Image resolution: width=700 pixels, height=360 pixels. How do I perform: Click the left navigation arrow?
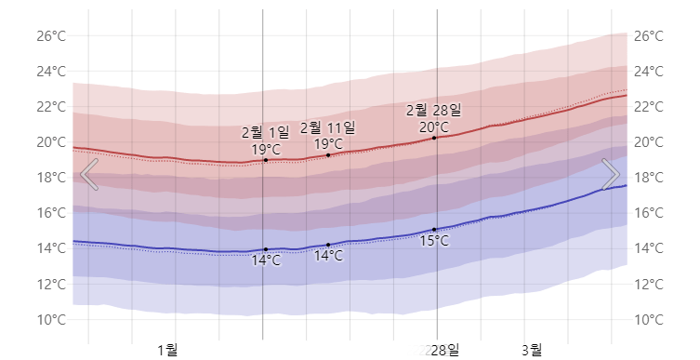(x=89, y=174)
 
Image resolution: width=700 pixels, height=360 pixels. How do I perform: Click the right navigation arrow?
(x=611, y=174)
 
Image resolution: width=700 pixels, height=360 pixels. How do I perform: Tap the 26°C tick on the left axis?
(x=50, y=36)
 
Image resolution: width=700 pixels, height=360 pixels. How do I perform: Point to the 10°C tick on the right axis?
(x=648, y=320)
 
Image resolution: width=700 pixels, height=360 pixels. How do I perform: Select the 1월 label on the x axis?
(x=167, y=350)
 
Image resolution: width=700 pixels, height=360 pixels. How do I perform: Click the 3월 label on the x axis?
(x=532, y=350)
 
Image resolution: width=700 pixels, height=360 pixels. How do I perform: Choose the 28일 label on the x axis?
(x=444, y=350)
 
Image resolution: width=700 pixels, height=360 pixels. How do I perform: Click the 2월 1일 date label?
(x=265, y=132)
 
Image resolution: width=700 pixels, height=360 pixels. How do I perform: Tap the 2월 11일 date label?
(x=327, y=127)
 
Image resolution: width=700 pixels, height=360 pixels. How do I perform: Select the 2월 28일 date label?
(x=433, y=111)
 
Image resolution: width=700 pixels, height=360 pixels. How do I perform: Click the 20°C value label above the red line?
(x=433, y=127)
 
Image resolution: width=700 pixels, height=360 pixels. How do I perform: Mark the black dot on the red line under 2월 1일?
(x=266, y=160)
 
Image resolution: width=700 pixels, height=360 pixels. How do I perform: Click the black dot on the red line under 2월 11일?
(x=328, y=154)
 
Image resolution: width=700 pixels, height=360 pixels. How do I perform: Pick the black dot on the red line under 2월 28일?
(x=434, y=138)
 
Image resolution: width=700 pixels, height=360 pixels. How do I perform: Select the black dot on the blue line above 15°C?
(x=434, y=229)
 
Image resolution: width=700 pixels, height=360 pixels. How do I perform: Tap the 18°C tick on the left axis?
(x=50, y=178)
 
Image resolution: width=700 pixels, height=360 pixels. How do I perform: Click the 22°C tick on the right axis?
(x=648, y=107)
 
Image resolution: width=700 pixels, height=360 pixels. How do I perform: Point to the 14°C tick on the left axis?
(x=50, y=248)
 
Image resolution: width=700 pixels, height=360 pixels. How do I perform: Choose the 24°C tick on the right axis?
(x=648, y=72)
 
